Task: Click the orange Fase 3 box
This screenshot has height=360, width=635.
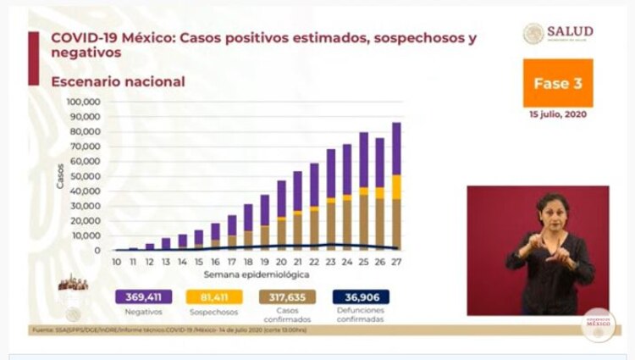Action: pyautogui.click(x=557, y=83)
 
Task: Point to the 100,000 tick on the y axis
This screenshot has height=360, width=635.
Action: pyautogui.click(x=84, y=102)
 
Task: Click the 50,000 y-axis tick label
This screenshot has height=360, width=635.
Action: pyautogui.click(x=86, y=176)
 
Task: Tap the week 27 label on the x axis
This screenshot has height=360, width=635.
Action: pyautogui.click(x=395, y=262)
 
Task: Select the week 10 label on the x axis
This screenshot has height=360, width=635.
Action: pyautogui.click(x=115, y=262)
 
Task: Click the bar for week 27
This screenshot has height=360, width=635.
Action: pyautogui.click(x=395, y=186)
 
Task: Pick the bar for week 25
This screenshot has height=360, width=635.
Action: pyautogui.click(x=363, y=191)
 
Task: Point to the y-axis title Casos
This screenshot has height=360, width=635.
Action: pyautogui.click(x=61, y=175)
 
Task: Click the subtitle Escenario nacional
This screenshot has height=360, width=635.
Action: pyautogui.click(x=118, y=82)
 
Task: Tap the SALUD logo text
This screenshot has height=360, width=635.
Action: pyautogui.click(x=569, y=31)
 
